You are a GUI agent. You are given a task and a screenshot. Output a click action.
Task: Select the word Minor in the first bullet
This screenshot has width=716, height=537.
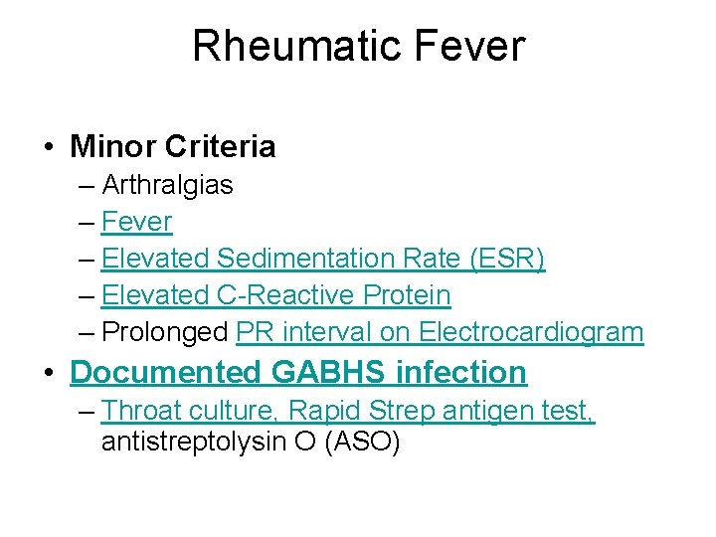tap(113, 147)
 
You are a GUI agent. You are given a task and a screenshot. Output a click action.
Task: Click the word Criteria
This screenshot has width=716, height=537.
tap(221, 147)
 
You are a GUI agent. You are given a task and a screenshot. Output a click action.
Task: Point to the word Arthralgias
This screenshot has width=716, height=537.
tap(167, 185)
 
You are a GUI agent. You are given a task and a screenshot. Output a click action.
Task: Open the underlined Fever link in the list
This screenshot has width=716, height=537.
tap(136, 222)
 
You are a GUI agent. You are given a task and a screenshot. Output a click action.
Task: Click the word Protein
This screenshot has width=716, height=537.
tap(407, 295)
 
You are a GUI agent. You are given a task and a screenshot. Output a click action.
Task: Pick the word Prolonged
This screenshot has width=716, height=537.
tap(165, 332)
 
